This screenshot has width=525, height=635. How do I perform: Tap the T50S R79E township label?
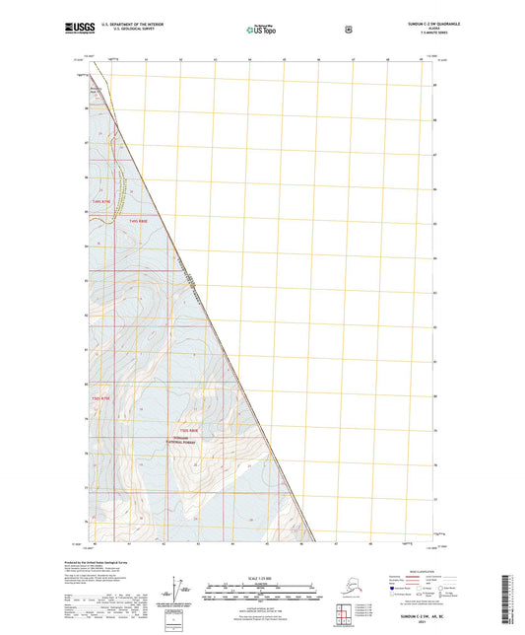point(101,397)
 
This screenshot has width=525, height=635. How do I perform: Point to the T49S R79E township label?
point(101,201)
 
